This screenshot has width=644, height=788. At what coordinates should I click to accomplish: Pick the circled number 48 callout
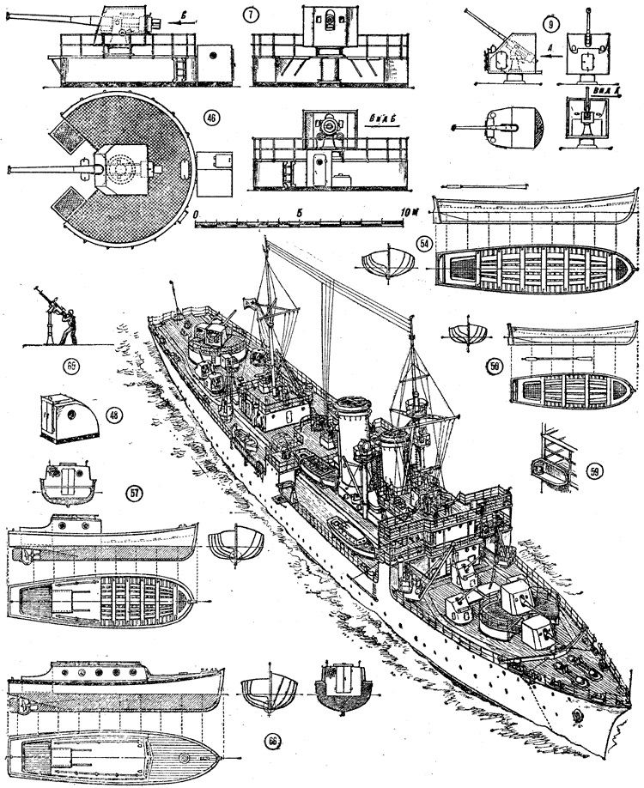[x=112, y=413]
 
